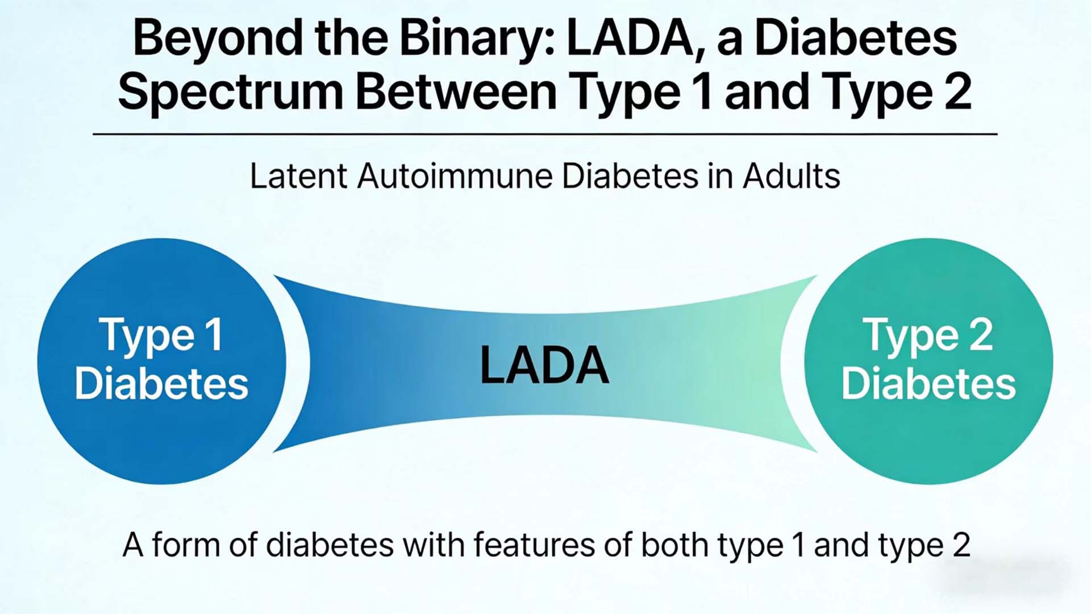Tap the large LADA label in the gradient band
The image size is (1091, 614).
pyautogui.click(x=544, y=365)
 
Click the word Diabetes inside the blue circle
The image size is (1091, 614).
pyautogui.click(x=161, y=383)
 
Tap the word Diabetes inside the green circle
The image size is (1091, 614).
pyautogui.click(x=928, y=383)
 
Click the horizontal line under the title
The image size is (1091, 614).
pyautogui.click(x=545, y=134)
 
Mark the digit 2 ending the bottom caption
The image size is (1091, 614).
pyautogui.click(x=961, y=545)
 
